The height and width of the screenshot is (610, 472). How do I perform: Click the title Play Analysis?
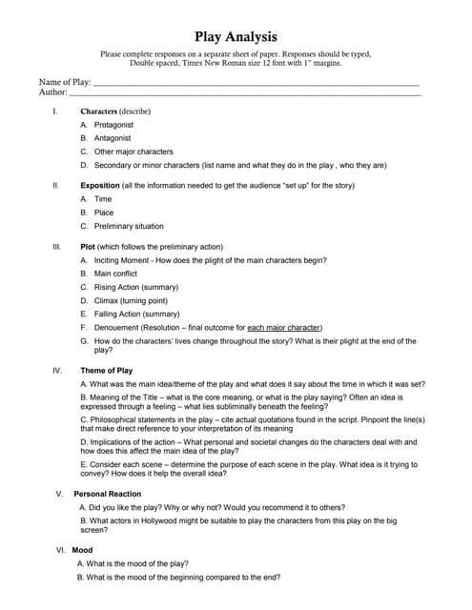coord(236,37)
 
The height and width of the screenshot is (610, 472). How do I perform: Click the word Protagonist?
coord(113,125)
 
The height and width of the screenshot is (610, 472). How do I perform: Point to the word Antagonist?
coord(113,138)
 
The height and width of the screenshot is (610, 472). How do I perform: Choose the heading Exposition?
coord(100,185)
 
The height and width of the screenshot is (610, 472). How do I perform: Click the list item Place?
coord(104,213)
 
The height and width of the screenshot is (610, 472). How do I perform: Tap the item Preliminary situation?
coord(129,226)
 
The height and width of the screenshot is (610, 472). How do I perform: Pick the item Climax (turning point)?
coord(134,300)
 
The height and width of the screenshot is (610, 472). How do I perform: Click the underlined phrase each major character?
coord(284,327)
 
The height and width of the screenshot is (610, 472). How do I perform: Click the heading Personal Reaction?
coord(107,494)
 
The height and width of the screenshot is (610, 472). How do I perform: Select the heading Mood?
coord(82,550)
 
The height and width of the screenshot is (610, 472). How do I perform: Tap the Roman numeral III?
coord(56,246)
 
